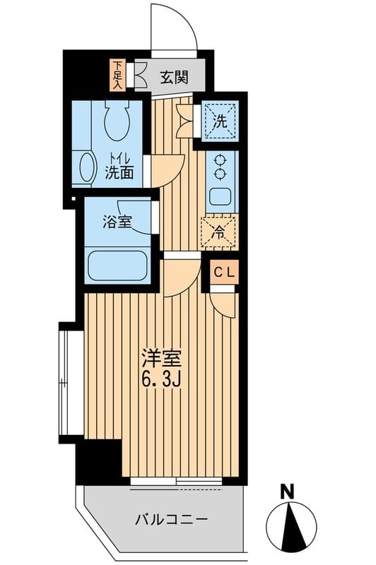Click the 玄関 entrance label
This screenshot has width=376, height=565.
173,77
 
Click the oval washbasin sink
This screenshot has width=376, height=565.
87,167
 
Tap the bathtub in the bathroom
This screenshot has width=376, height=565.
118,266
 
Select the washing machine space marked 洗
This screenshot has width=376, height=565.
221,119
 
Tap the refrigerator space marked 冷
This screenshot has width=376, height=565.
220,231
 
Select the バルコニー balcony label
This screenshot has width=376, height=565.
172,521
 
